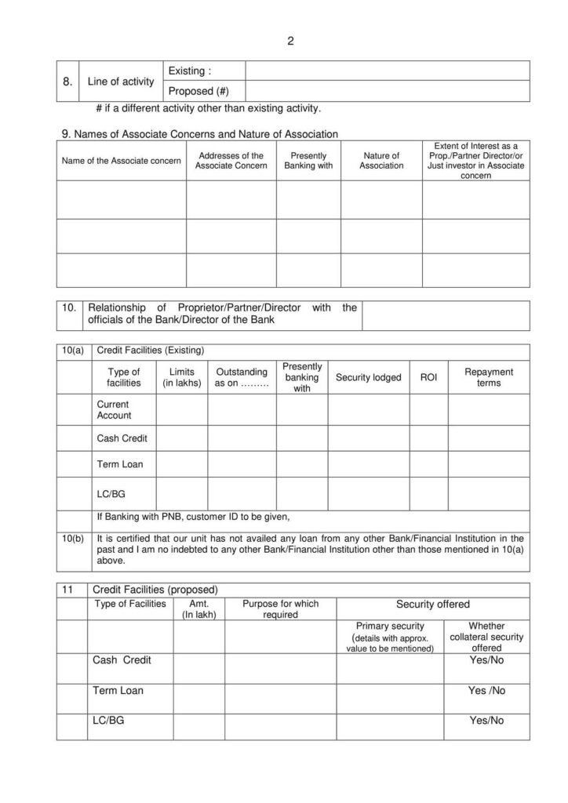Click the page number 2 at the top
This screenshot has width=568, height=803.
289,41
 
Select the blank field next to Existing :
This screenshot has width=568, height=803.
388,71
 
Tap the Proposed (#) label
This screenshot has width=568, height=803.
199,91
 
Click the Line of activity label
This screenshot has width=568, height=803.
120,82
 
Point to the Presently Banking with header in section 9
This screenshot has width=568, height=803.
308,161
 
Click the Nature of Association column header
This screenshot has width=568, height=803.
381,161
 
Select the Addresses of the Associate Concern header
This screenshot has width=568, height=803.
231,161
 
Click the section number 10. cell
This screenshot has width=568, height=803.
70,308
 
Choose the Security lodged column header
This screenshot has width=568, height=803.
368,378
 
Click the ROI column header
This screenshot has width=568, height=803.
428,378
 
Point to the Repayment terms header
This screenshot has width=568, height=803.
488,377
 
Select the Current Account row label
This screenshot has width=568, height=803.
115,410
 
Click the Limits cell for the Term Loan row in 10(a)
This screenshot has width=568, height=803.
181,464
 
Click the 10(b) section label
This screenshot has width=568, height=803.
72,538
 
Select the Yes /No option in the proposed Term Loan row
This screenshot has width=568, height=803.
486,691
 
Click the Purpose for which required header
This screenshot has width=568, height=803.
280,609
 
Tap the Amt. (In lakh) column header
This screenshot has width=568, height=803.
198,609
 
